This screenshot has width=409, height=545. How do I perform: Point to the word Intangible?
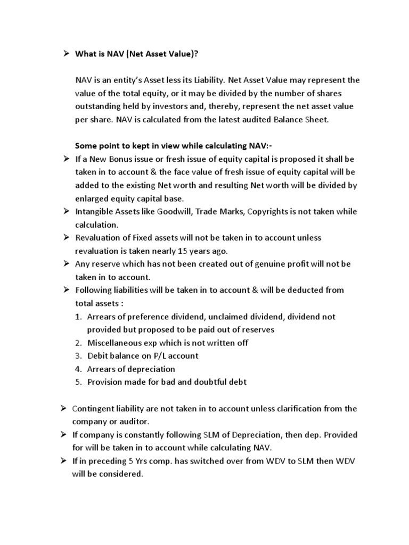pos(96,211)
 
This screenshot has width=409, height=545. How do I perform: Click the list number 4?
pos(78,369)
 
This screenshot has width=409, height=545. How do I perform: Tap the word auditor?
pos(136,422)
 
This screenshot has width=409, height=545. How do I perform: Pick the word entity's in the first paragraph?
pos(132,80)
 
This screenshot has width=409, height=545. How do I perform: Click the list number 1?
pos(78,316)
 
